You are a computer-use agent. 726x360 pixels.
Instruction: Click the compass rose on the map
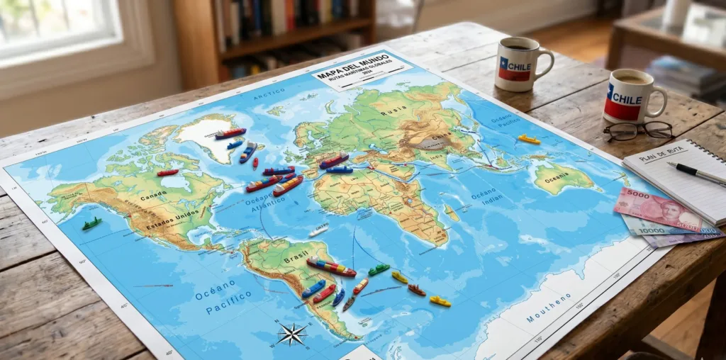click(x=291, y=333)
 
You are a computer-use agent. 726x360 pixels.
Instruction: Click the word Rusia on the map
click(x=393, y=111)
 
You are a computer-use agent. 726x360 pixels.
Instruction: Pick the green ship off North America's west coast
click(x=91, y=224)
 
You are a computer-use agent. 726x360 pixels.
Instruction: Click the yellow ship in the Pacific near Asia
click(x=528, y=140)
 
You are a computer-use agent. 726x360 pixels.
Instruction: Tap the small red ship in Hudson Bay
click(x=168, y=172)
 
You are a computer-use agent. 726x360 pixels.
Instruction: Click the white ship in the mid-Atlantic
click(x=319, y=231)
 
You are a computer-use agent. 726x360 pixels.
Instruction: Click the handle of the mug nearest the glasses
click(x=660, y=100)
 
